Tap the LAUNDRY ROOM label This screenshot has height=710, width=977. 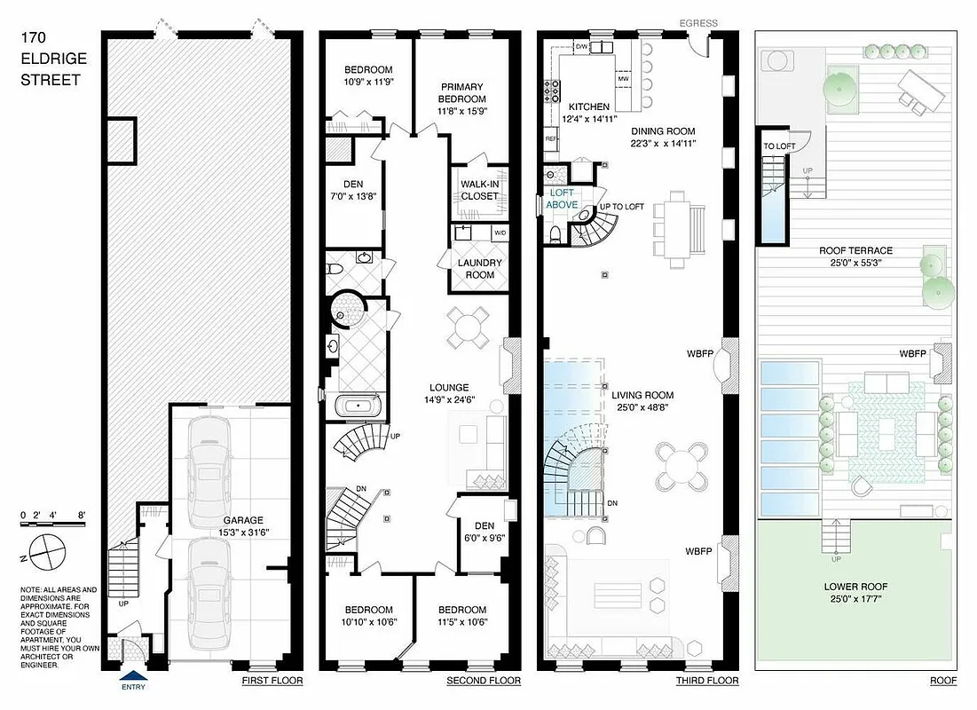[480, 269]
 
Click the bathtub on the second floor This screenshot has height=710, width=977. [358, 407]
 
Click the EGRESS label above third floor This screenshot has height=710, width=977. [699, 23]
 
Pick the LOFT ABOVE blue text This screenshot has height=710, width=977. [563, 199]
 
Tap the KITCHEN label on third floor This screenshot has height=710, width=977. [589, 105]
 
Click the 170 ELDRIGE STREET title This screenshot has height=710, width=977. [51, 59]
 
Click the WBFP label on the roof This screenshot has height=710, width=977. [912, 353]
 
